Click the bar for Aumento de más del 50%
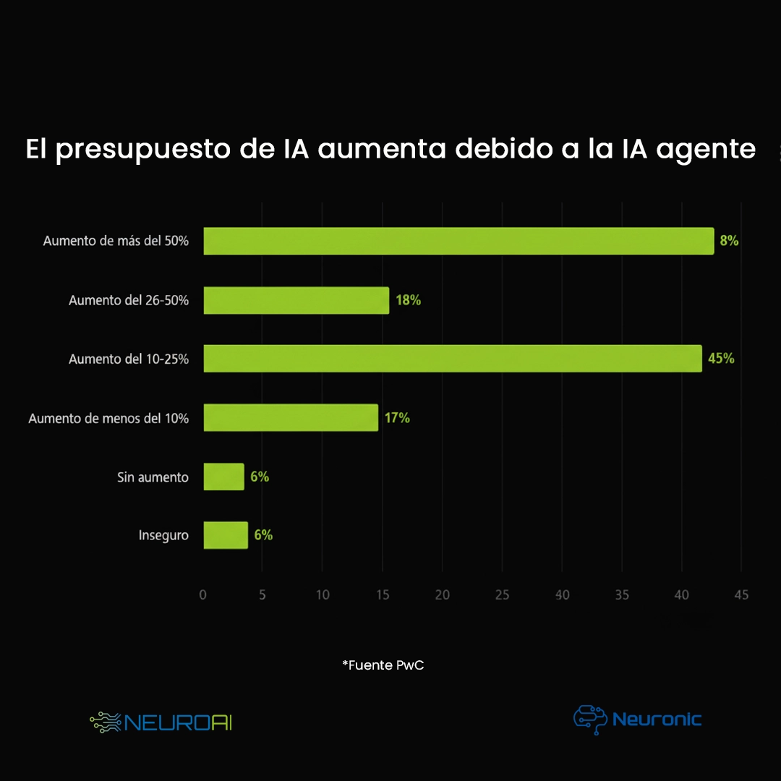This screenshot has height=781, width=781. click(458, 241)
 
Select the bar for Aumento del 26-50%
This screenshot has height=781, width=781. click(296, 300)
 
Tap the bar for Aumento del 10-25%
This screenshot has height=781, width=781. click(453, 359)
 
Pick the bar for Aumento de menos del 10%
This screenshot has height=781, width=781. click(291, 418)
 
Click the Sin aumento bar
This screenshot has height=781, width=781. click(224, 477)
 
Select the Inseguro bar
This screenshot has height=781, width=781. click(226, 535)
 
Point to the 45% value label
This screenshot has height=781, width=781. click(721, 359)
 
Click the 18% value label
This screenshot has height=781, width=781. click(408, 300)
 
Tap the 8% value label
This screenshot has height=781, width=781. click(729, 241)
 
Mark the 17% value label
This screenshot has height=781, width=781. click(397, 418)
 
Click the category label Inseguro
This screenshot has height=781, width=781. click(163, 536)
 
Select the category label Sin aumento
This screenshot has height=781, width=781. click(153, 477)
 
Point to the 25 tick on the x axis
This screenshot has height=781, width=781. click(502, 595)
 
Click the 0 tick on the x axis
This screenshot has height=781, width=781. click(202, 595)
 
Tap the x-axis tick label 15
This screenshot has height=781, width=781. click(383, 595)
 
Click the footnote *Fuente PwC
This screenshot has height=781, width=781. click(383, 665)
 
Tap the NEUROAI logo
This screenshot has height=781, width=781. click(161, 722)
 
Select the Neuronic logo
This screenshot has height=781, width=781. click(637, 720)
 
